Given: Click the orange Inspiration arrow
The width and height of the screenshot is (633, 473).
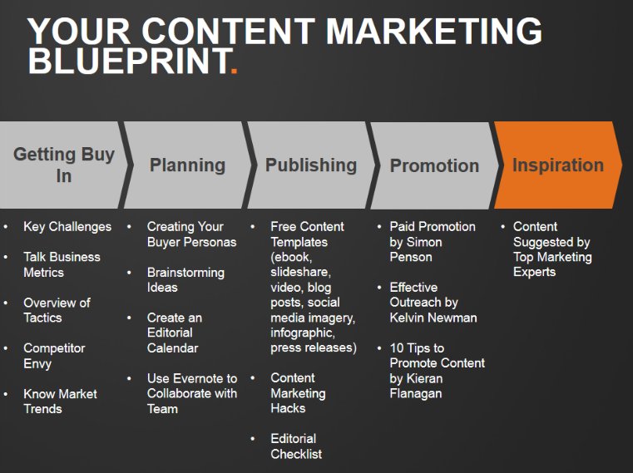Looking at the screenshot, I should point(557,165).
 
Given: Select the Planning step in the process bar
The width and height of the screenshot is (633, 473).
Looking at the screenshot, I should point(187,165).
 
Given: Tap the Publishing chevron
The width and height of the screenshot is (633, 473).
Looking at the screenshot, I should point(310,165).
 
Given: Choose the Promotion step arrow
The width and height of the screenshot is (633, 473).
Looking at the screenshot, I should point(434,165).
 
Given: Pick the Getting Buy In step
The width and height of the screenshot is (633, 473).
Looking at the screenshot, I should point(64,165).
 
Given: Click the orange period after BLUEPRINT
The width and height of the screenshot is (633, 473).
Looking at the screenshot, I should point(234,63).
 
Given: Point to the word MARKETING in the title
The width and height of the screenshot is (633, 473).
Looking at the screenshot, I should point(433,32).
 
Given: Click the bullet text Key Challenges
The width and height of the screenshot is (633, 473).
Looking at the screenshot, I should point(67,226).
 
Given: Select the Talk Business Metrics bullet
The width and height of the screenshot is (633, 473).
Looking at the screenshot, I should point(62,264).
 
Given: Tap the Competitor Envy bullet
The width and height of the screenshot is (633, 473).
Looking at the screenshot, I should point(54,356).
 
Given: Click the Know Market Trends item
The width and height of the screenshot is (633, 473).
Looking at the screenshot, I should point(60,401).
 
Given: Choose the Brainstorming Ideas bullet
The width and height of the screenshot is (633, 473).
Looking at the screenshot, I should point(185,279).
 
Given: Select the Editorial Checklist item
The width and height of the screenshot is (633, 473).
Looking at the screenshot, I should point(296,446).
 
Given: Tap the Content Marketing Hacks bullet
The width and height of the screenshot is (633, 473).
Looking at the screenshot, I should point(298,392).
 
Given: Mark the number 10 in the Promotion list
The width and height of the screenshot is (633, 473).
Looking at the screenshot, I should point(398,348).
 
